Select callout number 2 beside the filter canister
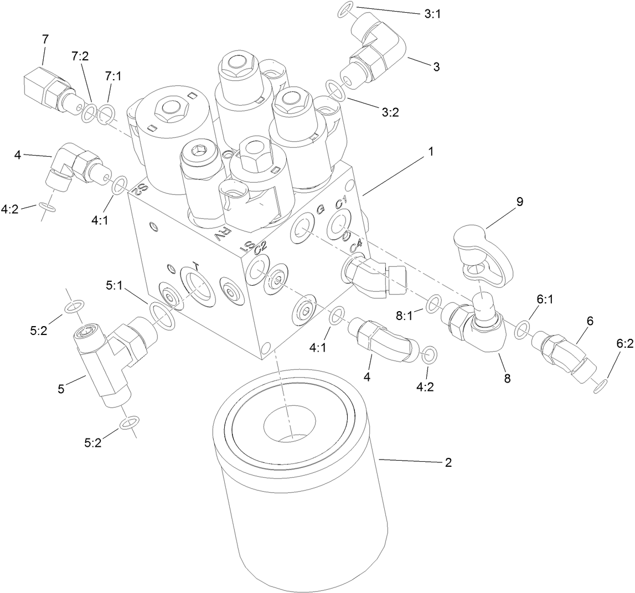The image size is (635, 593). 448,462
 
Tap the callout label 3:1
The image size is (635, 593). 433,14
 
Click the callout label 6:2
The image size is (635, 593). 624,343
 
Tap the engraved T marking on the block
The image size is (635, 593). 194,265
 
